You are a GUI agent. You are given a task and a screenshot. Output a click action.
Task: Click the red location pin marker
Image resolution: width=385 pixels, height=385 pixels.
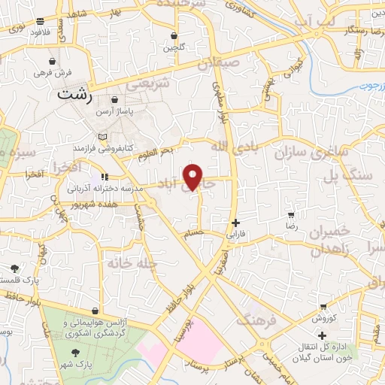coord(194,177)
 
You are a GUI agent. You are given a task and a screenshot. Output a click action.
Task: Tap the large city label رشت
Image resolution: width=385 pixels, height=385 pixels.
coord(75,96)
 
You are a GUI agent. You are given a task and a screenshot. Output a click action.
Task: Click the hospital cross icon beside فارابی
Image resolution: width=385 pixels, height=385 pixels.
coord(237,223)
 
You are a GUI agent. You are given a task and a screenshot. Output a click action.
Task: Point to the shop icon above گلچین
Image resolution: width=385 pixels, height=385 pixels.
coord(174,35)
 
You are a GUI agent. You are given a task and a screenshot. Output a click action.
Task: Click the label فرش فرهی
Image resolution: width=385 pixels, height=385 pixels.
coord(52,74)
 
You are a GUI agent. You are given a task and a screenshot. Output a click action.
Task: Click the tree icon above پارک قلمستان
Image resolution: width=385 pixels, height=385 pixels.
coord(14,268)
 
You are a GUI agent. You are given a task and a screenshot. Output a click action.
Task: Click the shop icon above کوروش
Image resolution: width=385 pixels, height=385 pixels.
coord(323,307)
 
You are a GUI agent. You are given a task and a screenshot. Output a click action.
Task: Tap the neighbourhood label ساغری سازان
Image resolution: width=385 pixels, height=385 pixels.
coord(310,151)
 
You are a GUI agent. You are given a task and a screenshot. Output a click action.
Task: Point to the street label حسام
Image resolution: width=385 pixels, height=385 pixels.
coord(195,234)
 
